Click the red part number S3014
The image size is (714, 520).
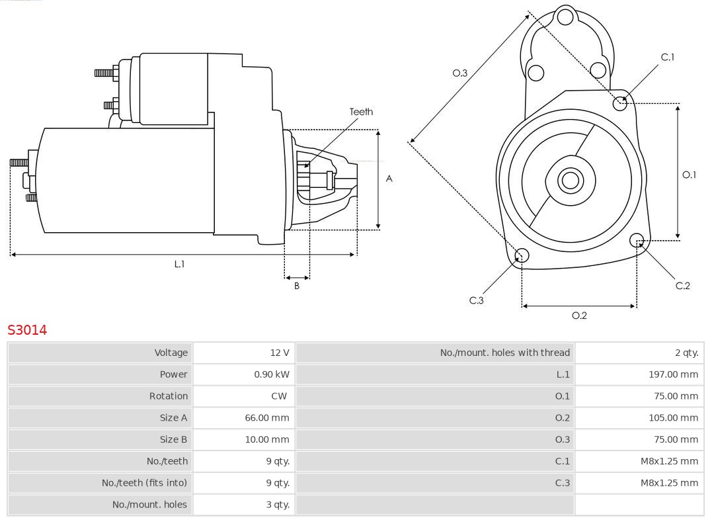27,329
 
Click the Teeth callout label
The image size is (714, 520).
361,112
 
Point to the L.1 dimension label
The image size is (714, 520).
179,264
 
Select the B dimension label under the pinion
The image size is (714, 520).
297,286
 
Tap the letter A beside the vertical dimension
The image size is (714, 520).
389,179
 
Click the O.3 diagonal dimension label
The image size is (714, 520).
459,73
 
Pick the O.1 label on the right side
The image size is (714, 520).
689,175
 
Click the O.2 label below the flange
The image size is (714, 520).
579,316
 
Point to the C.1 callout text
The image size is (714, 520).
668,57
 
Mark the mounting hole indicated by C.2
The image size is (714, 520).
637,239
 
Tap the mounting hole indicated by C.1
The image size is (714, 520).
620,103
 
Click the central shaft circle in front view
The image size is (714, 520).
569,180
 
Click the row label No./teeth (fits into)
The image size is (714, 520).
144,483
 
